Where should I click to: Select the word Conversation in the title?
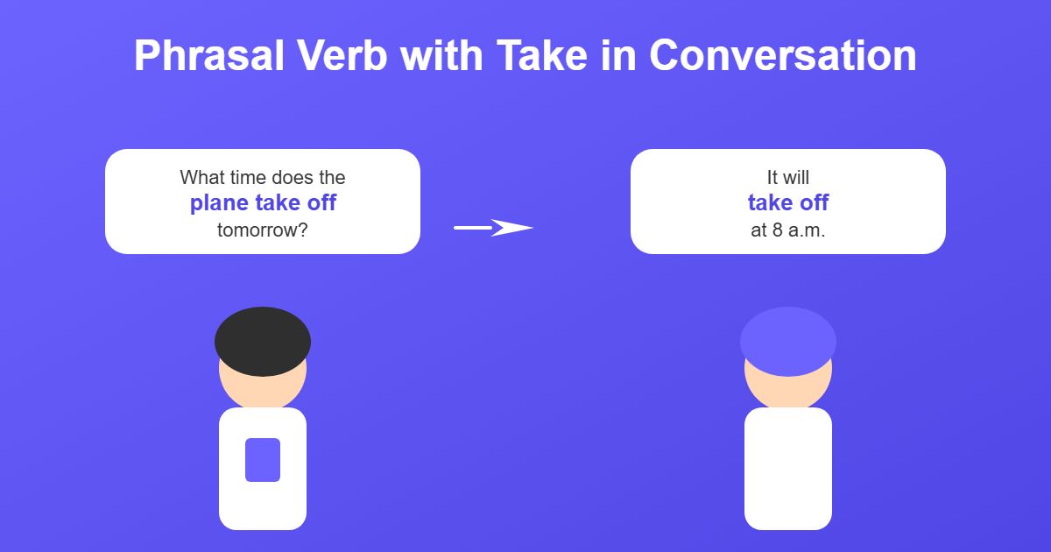point(782,56)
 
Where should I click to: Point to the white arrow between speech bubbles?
point(493,228)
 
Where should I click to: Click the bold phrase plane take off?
point(263,203)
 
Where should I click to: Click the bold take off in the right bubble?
point(788,203)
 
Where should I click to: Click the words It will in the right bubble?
point(788,177)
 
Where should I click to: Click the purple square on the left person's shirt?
point(263,460)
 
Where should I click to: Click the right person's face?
point(788,390)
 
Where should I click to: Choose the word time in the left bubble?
point(249,177)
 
